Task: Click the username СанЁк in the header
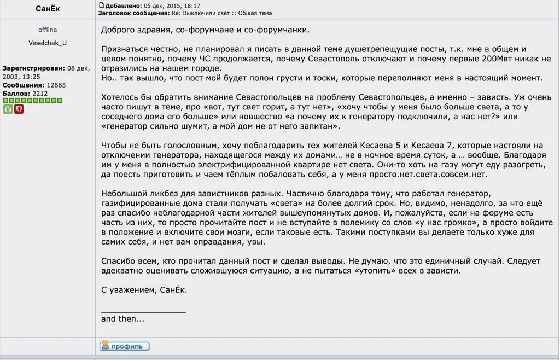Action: (x=48, y=9)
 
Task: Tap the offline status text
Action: (x=48, y=30)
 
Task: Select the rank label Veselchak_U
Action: (x=48, y=43)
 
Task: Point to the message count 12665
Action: (x=56, y=85)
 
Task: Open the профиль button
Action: (x=124, y=346)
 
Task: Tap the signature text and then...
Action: (x=122, y=318)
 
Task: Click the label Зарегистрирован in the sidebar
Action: (x=34, y=68)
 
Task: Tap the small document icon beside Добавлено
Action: (x=101, y=5)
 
